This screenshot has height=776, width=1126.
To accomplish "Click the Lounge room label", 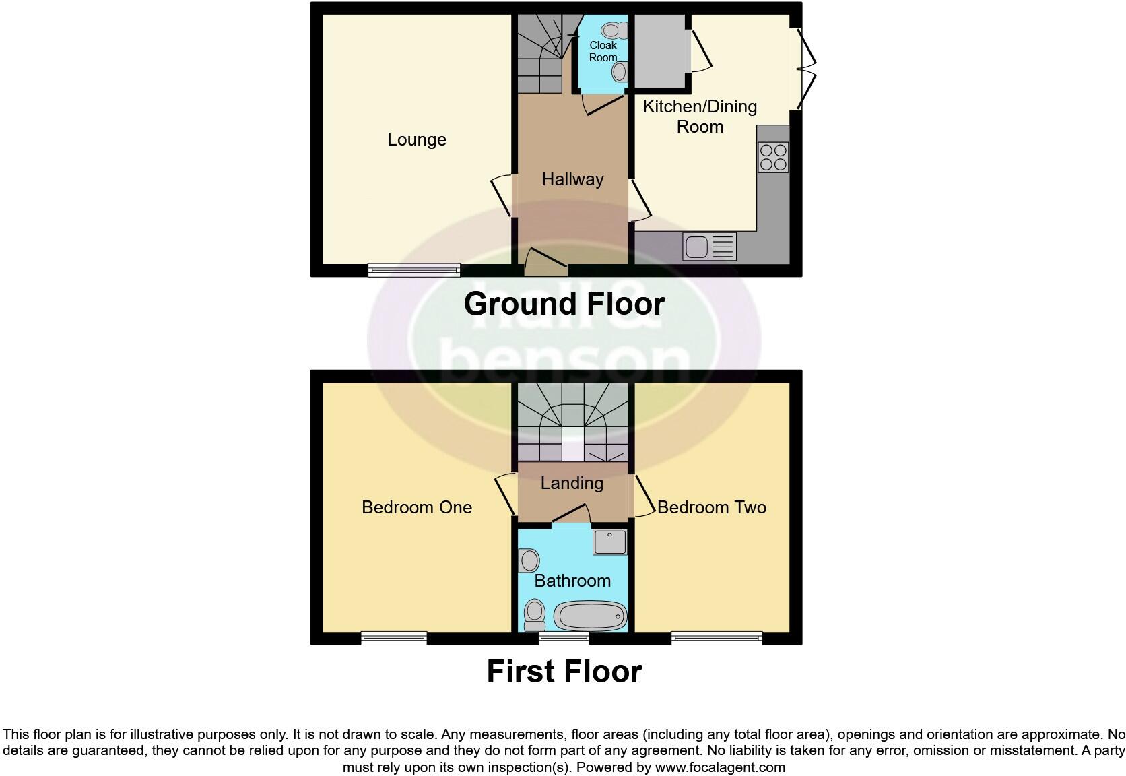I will pyautogui.click(x=416, y=139).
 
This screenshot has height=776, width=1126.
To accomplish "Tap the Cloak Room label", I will pyautogui.click(x=603, y=51).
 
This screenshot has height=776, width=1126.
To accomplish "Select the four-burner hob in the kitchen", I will pyautogui.click(x=773, y=158).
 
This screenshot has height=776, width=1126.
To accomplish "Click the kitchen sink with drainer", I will pyautogui.click(x=709, y=246).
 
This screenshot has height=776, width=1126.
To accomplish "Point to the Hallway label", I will pyautogui.click(x=572, y=179).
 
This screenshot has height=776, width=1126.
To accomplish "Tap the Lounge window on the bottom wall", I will pyautogui.click(x=414, y=270).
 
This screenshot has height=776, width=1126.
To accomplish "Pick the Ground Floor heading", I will pyautogui.click(x=564, y=304).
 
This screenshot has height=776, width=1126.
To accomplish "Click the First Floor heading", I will pyautogui.click(x=564, y=672).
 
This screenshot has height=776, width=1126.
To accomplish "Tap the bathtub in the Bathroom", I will pyautogui.click(x=590, y=616).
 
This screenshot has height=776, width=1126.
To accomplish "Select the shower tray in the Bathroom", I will pyautogui.click(x=609, y=542).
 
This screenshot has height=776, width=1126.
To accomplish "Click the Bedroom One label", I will pyautogui.click(x=416, y=507).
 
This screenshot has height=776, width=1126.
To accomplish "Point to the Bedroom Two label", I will pyautogui.click(x=711, y=507).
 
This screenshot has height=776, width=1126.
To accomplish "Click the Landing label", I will pyautogui.click(x=572, y=483).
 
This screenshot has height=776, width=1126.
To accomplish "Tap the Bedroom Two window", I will pyautogui.click(x=717, y=637).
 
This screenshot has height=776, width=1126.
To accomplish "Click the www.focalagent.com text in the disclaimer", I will pyautogui.click(x=719, y=767).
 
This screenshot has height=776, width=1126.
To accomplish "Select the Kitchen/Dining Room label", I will pyautogui.click(x=700, y=117).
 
